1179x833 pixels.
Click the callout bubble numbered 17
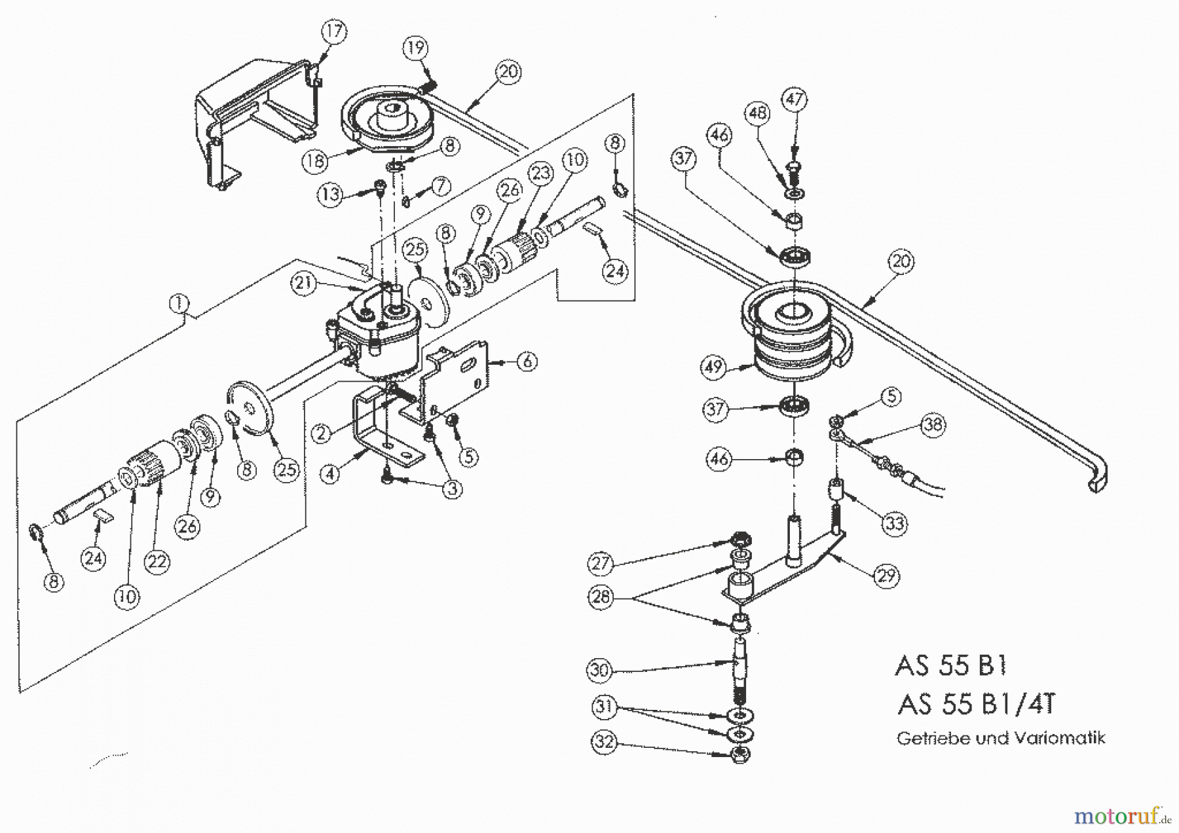click(x=334, y=31)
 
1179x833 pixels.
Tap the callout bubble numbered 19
click(x=415, y=48)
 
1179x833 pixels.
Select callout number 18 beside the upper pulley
click(x=315, y=160)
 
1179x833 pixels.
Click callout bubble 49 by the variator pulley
click(x=714, y=366)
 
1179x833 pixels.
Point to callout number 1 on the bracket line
click(x=178, y=304)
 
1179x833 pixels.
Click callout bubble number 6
click(x=527, y=361)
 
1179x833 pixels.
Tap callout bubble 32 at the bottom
click(x=604, y=743)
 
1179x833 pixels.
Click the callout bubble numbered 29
click(x=887, y=576)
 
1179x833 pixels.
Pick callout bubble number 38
click(x=933, y=424)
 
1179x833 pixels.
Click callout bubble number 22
click(x=157, y=561)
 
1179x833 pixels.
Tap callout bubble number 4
click(x=330, y=472)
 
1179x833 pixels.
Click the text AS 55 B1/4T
click(x=976, y=705)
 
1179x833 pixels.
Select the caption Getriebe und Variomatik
click(x=1001, y=739)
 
